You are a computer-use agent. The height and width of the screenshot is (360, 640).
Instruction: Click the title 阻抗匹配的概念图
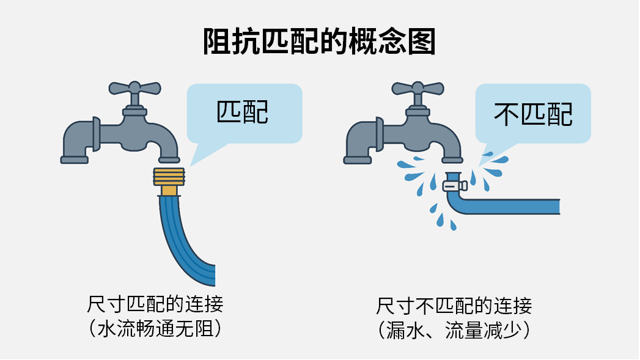(x=320, y=42)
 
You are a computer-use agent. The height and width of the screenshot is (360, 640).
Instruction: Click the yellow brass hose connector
(x=169, y=182)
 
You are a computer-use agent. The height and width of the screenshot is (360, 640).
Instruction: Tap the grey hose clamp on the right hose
(x=455, y=186)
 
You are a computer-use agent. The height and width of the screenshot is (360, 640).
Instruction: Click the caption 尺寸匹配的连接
(x=155, y=304)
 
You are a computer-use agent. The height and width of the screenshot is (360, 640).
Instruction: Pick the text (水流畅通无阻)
(x=155, y=329)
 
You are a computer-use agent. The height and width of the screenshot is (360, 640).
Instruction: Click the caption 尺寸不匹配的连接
(x=454, y=306)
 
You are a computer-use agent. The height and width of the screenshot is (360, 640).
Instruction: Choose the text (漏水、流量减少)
(x=454, y=330)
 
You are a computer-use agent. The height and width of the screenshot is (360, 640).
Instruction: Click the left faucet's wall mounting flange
(x=97, y=134)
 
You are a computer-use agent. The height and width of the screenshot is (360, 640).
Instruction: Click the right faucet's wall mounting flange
(x=379, y=134)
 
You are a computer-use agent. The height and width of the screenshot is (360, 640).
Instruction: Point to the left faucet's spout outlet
(x=169, y=160)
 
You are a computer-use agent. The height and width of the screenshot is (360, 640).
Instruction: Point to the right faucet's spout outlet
(x=452, y=160)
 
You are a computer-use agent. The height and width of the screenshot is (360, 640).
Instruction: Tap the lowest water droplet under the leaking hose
(x=453, y=226)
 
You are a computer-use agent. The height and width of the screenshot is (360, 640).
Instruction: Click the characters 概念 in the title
(x=378, y=42)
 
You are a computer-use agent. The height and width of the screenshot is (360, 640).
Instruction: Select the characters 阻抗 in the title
(x=232, y=42)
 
